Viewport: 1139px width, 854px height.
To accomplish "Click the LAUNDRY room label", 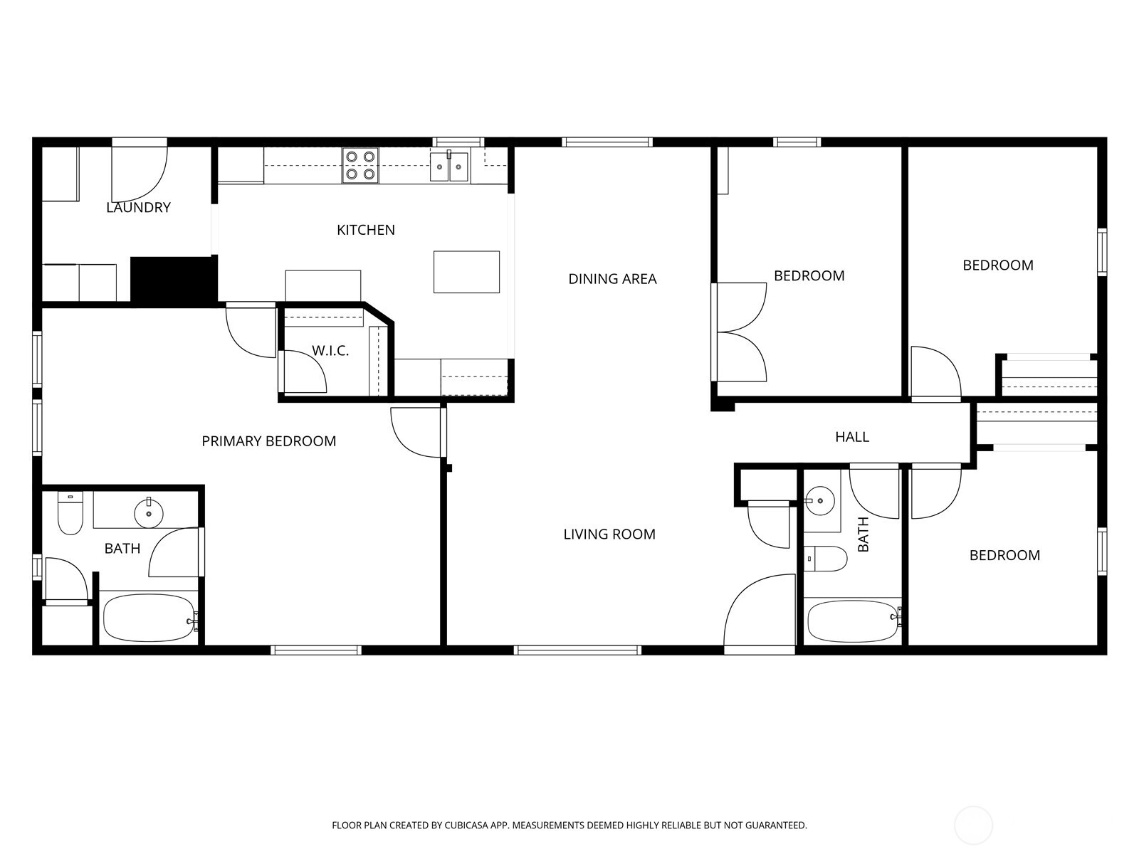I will tap(138, 208).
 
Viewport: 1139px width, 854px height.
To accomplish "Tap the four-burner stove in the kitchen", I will tap(360, 165).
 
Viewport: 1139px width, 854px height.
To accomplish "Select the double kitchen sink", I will tap(449, 168).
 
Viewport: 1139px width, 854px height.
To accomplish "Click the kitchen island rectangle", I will tap(466, 272).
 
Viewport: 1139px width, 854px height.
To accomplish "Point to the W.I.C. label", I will tap(330, 351).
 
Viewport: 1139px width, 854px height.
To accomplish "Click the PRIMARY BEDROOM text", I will tap(268, 441).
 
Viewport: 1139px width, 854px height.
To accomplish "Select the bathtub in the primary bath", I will tap(148, 618).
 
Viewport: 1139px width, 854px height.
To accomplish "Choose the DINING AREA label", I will tap(612, 279).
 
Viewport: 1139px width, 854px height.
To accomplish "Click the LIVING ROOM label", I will tap(609, 534).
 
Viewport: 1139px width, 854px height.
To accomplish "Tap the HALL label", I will tap(852, 437).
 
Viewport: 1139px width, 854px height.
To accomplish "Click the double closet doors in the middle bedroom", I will tap(740, 332).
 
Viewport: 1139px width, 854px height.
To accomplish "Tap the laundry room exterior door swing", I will tap(140, 173).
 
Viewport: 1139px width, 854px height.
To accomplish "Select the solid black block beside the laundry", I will tap(174, 280).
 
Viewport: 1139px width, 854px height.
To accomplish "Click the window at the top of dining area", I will tap(607, 142).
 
